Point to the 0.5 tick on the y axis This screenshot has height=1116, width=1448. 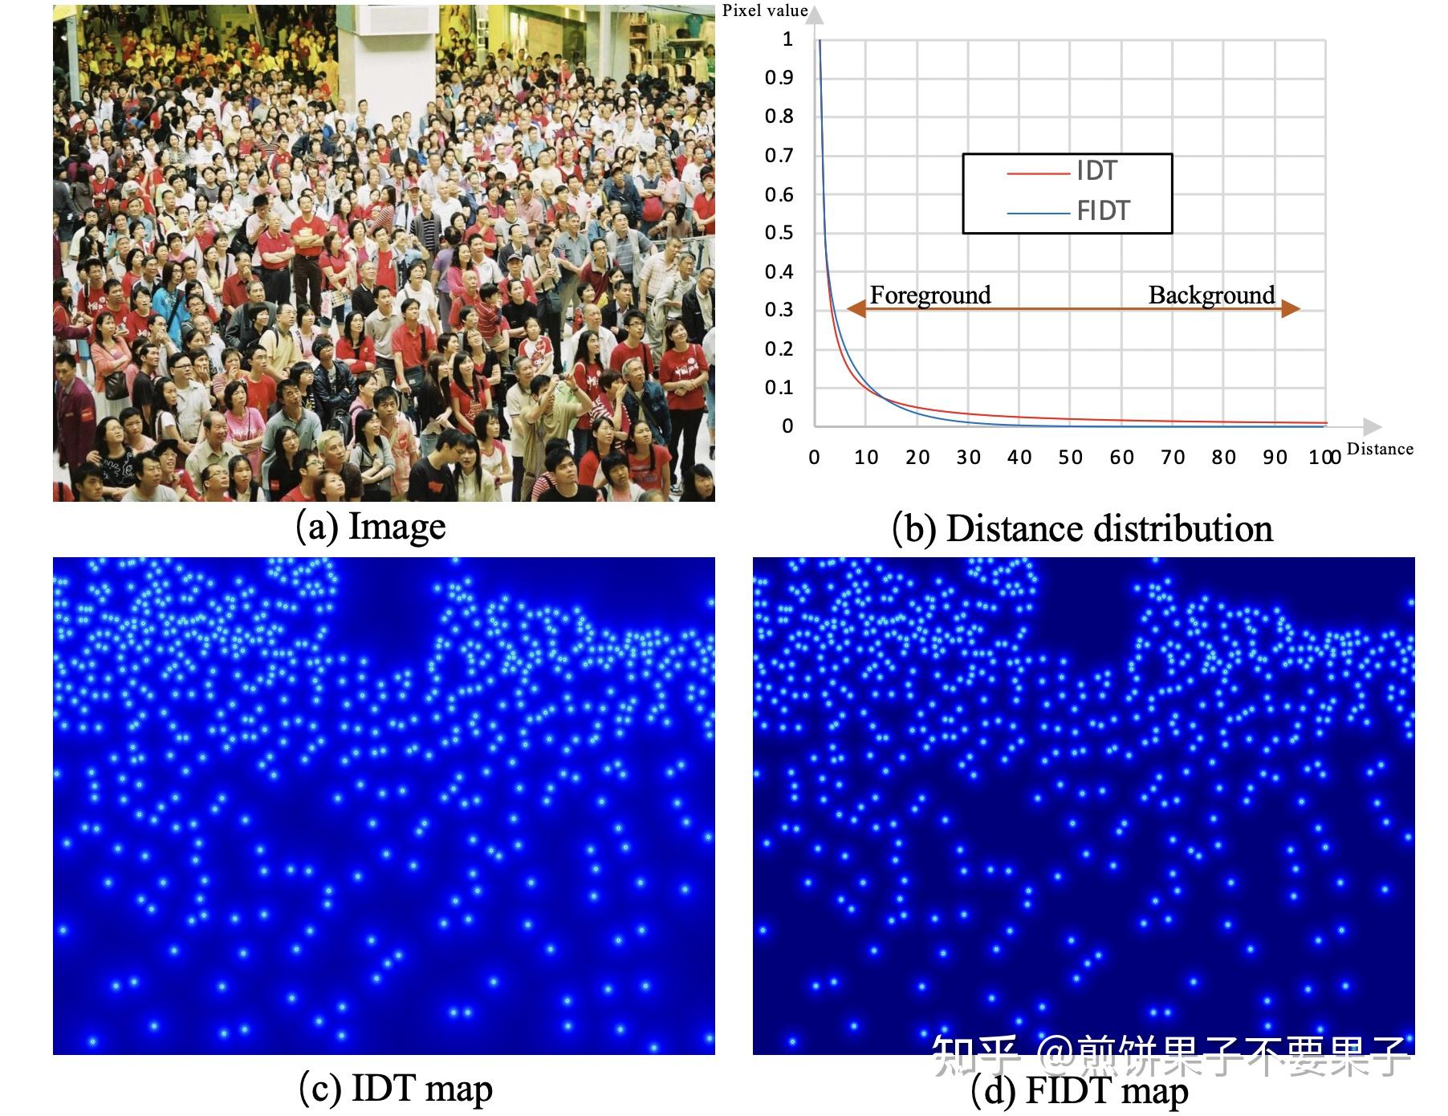coord(779,233)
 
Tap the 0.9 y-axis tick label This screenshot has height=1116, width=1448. coord(779,78)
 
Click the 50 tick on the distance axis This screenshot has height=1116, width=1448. coord(1070,458)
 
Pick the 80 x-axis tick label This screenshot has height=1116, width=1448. coord(1223,458)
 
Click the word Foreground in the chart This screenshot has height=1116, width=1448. coord(930,295)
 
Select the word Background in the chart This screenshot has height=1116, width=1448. coord(1211,295)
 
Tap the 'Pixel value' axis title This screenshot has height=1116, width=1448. coord(764,10)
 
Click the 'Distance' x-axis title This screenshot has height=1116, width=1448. coord(1380,449)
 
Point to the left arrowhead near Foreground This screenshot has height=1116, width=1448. coord(856,309)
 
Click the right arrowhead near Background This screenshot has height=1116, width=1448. coord(1291,309)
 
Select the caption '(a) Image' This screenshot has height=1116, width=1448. coord(371,527)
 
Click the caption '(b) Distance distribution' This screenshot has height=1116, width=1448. coord(1082,529)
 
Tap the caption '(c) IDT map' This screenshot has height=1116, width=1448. coord(395,1089)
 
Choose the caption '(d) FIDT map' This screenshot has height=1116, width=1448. coord(1080,1091)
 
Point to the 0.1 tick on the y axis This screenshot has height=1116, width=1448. coord(779,388)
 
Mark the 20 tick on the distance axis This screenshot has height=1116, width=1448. coord(917,458)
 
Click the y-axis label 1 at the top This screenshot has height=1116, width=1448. coord(787,39)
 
